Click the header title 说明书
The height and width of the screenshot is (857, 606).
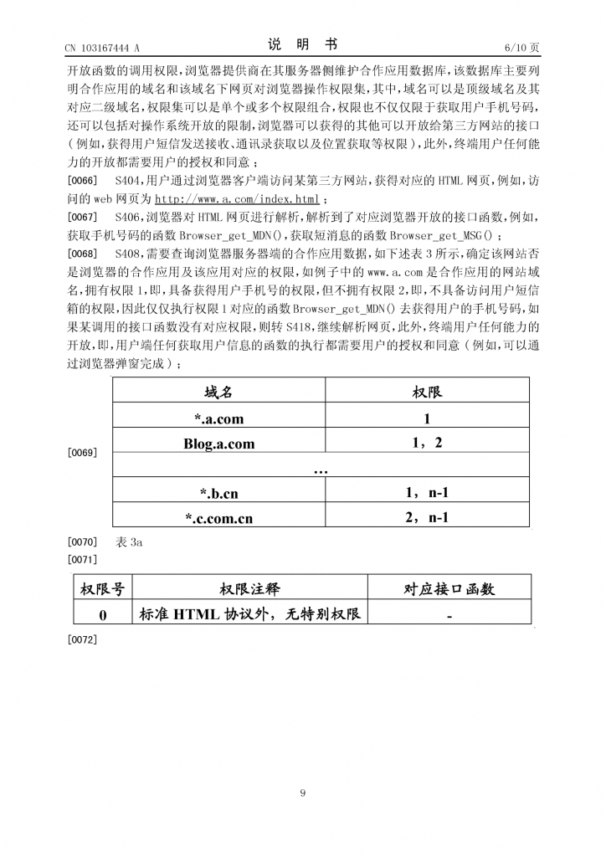pyautogui.click(x=302, y=45)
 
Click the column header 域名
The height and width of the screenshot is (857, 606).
pyautogui.click(x=218, y=392)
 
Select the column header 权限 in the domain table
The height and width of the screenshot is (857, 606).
pyautogui.click(x=427, y=392)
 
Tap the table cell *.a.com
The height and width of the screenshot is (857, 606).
pyautogui.click(x=218, y=419)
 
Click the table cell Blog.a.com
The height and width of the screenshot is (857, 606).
pyautogui.click(x=218, y=444)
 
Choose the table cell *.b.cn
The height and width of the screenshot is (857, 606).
pyautogui.click(x=218, y=494)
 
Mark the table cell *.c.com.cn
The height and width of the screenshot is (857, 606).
pyautogui.click(x=218, y=518)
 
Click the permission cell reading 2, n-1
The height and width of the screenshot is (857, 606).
pyautogui.click(x=427, y=517)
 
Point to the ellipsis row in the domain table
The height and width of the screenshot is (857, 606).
pyautogui.click(x=321, y=470)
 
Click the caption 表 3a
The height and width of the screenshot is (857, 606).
pyautogui.click(x=131, y=542)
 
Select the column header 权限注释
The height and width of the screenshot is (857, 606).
pyautogui.click(x=250, y=589)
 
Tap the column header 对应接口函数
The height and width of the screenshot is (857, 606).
pyautogui.click(x=449, y=589)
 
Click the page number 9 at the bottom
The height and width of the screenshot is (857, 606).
pyautogui.click(x=303, y=793)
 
